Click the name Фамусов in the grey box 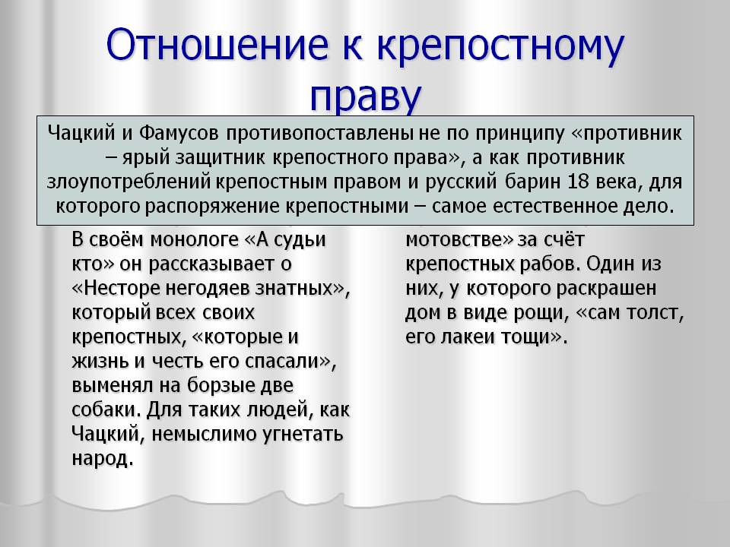click(179, 134)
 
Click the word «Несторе click(117, 289)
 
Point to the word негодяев click(208, 289)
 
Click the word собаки click(106, 409)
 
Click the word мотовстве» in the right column click(459, 240)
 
